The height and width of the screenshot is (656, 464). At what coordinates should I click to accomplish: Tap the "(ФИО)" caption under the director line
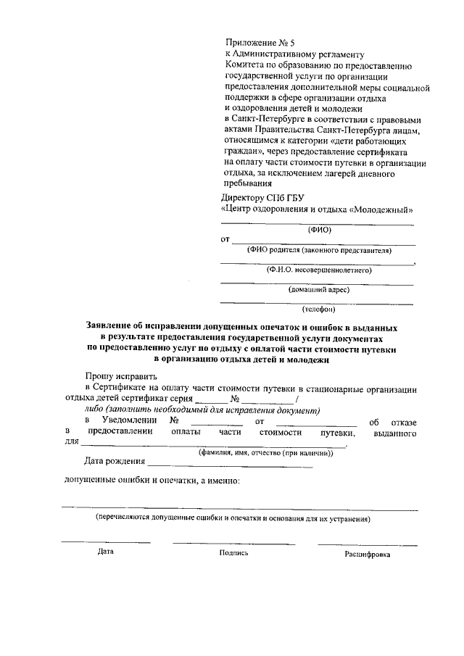pyautogui.click(x=319, y=231)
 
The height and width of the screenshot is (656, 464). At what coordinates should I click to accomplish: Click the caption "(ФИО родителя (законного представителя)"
pyautogui.click(x=319, y=250)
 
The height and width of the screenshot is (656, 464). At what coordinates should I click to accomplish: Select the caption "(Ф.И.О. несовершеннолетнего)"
pyautogui.click(x=319, y=270)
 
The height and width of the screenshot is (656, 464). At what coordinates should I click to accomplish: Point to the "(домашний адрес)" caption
pyautogui.click(x=319, y=290)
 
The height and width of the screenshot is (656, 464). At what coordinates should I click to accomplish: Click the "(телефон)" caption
pyautogui.click(x=319, y=310)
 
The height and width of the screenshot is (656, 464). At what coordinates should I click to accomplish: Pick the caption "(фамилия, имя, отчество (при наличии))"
pyautogui.click(x=265, y=453)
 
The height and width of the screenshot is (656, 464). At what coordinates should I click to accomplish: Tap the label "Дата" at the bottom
pyautogui.click(x=106, y=552)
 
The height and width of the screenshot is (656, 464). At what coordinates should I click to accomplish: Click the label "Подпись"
pyautogui.click(x=233, y=552)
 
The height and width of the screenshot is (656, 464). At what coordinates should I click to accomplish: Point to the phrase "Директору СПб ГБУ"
pyautogui.click(x=262, y=197)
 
